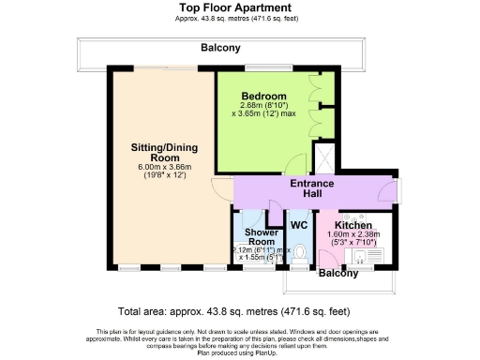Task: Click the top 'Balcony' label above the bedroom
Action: point(220,48)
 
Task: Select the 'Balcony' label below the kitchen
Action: point(338,274)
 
